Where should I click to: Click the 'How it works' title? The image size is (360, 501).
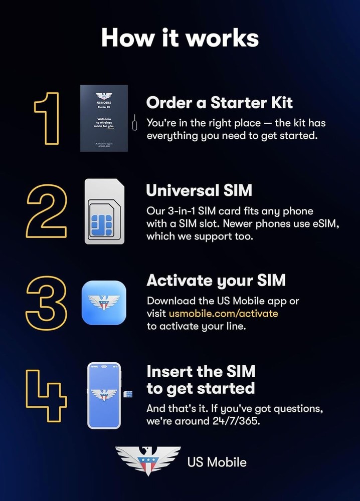pos(180,38)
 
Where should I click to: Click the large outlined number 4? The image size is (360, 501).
pos(46,396)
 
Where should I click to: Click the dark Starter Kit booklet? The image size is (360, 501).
pos(104,118)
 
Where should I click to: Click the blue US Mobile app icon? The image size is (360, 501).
pos(104,303)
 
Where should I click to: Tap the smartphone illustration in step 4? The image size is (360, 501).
pos(104,395)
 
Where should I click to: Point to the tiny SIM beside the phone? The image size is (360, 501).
pos(129,394)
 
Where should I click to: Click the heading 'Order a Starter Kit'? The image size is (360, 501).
pos(219,103)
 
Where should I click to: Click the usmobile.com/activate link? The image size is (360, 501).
pos(223,313)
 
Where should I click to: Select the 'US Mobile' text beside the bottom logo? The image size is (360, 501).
pos(217,461)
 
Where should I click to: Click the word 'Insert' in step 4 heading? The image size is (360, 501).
pos(168,371)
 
